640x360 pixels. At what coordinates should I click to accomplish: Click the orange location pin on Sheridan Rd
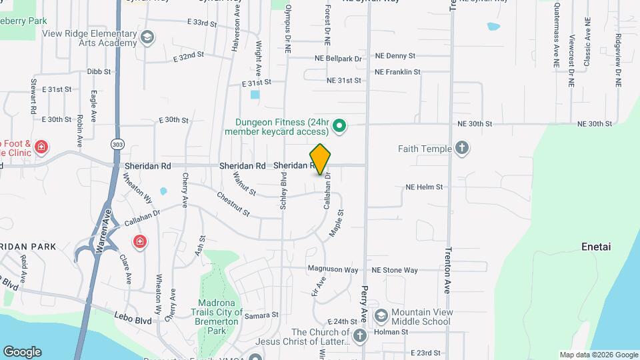[x=321, y=159]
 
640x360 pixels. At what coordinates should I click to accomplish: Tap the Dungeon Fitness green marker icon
[x=339, y=125]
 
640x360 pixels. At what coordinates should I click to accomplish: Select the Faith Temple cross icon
[x=462, y=149]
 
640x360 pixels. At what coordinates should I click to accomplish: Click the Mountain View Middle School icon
[x=381, y=315]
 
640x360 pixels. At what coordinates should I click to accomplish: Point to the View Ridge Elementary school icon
[x=147, y=37]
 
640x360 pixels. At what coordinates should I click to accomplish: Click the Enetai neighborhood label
[x=595, y=247]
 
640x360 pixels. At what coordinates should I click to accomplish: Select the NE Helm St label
[x=424, y=187]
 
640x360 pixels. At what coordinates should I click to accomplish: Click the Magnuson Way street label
[x=333, y=270]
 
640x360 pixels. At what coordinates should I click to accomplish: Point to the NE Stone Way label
[x=395, y=270]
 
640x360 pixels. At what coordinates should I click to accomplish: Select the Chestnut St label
[x=233, y=204]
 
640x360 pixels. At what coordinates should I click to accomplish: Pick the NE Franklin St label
[x=397, y=72]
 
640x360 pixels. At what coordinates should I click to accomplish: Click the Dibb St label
[x=98, y=71]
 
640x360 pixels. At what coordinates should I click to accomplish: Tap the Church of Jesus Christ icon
[x=360, y=335]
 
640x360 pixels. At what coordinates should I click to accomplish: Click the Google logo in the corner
[x=22, y=351]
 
